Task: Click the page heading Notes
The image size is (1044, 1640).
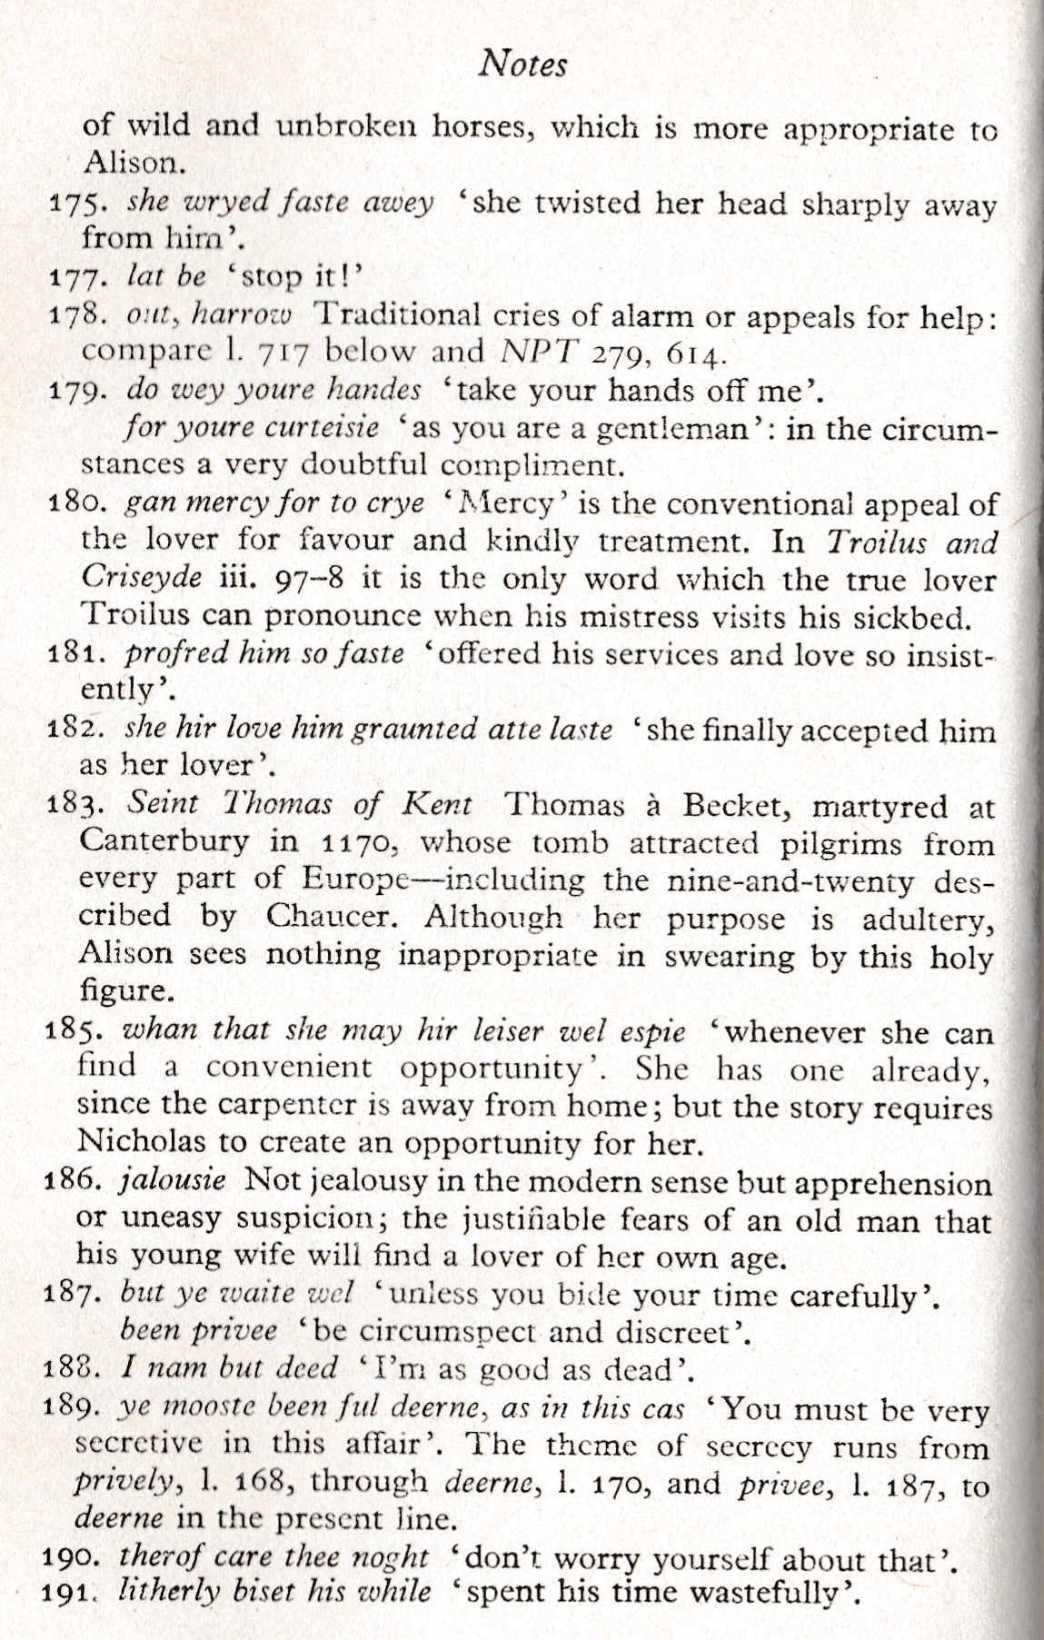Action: coord(522,65)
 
